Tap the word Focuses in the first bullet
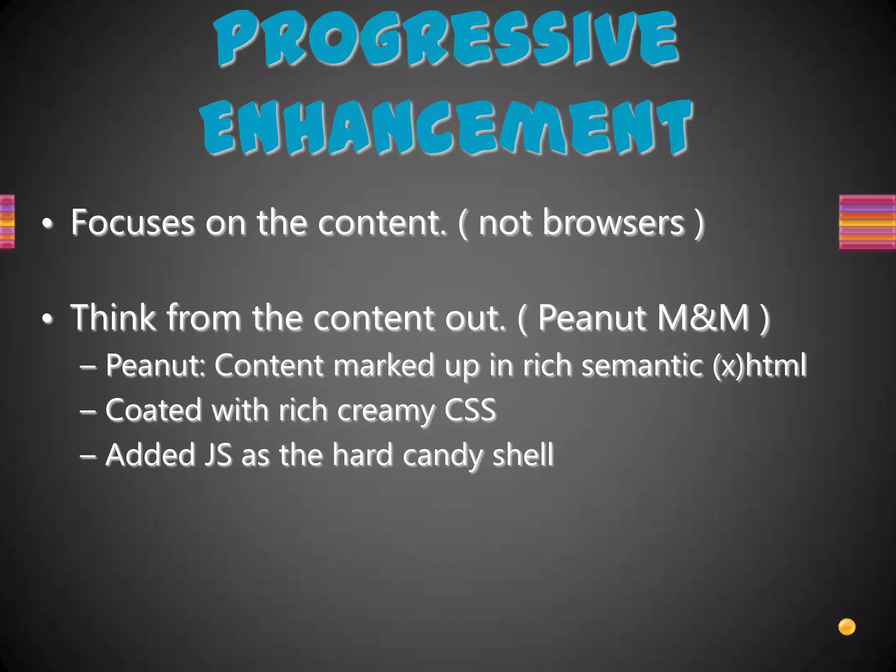[132, 223]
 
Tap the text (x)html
[759, 365]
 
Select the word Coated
[153, 410]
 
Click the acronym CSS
[470, 410]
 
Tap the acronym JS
[217, 455]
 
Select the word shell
[523, 455]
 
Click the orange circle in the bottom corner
[847, 627]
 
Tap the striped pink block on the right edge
[867, 222]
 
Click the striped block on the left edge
[7, 222]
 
